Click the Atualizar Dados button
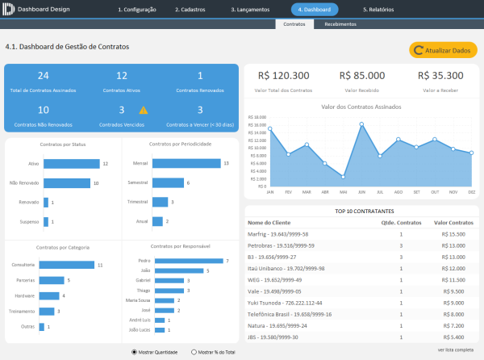point(442,50)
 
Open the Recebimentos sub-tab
point(341,25)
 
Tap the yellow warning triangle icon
point(144,110)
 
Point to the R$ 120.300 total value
point(283,75)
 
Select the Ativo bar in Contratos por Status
point(71,163)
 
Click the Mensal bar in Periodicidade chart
point(186,163)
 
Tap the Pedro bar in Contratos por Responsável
point(188,261)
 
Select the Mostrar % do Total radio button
point(194,352)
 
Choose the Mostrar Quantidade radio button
point(134,352)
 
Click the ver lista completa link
point(455,350)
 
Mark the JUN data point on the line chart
point(362,124)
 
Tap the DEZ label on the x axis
point(471,192)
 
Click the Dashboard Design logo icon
point(8,10)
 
